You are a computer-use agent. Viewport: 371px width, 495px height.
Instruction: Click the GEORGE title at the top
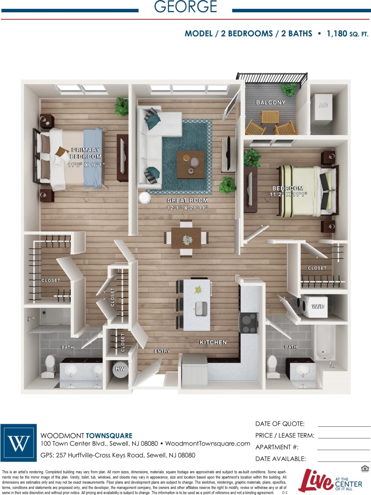(x=185, y=7)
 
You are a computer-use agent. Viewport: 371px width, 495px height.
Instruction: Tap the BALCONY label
(x=271, y=103)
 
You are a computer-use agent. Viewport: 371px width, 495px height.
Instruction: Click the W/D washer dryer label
(x=318, y=306)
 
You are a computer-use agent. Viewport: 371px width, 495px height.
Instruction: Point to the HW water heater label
(x=120, y=369)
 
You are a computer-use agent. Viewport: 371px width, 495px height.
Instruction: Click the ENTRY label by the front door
(x=162, y=351)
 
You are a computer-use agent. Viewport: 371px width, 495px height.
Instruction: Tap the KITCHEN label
(x=213, y=342)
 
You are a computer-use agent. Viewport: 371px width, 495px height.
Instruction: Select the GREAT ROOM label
(x=187, y=200)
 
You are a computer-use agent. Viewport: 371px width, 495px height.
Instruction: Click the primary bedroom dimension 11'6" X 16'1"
(x=86, y=165)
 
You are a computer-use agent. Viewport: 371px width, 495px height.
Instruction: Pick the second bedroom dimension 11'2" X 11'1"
(x=288, y=194)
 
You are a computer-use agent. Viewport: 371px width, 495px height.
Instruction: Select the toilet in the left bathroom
(x=50, y=366)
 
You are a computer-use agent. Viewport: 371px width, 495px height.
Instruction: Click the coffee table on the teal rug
(x=190, y=164)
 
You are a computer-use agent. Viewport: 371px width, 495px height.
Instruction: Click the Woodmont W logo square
(x=19, y=443)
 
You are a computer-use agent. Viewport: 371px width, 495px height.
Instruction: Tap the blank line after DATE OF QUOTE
(x=344, y=425)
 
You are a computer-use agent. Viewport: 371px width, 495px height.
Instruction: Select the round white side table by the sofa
(x=144, y=199)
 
